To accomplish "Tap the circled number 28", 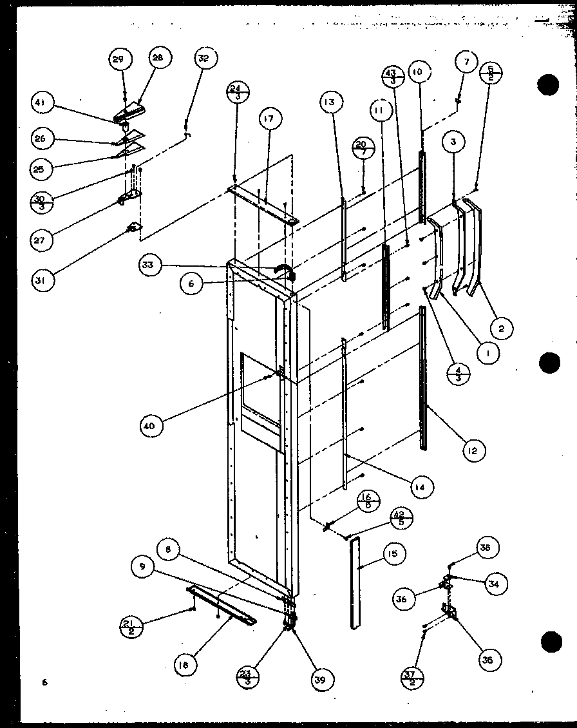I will [x=158, y=58].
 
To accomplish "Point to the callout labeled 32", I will [x=203, y=59].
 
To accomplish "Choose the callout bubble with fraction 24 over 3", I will [x=238, y=93].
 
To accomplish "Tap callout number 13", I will [x=330, y=102].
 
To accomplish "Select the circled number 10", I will [x=417, y=73].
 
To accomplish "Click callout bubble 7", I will [x=466, y=63].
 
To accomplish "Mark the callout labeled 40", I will [x=155, y=426].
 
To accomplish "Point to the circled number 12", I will [x=473, y=451].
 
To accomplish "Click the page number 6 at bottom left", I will [x=45, y=681].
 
